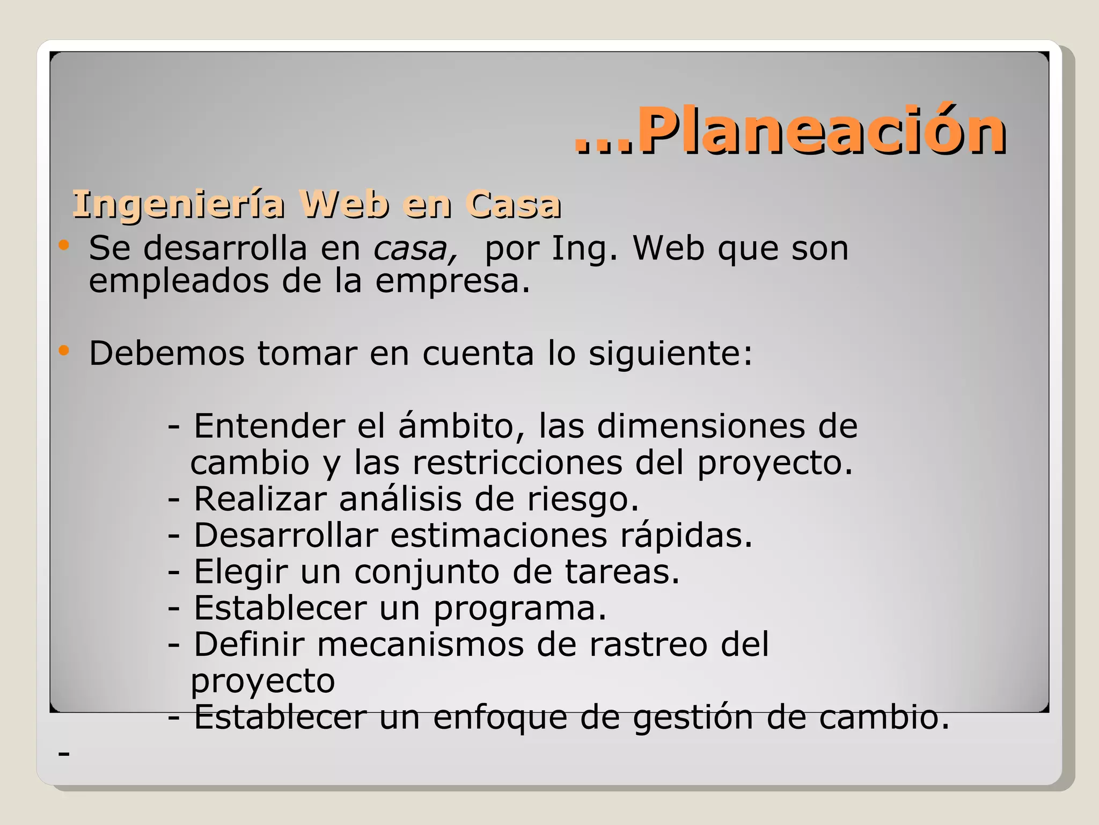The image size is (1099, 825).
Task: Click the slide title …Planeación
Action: point(790,131)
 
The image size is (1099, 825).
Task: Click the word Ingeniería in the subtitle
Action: point(178,205)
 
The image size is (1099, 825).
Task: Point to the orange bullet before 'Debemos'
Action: point(64,351)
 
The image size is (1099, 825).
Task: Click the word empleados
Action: point(179,281)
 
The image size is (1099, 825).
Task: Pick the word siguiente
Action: point(671,354)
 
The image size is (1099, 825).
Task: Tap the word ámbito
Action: point(461,426)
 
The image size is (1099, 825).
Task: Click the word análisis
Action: point(400,499)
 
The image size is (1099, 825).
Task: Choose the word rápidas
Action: point(686,535)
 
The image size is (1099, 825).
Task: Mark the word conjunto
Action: point(427,572)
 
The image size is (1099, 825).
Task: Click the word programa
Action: point(519,609)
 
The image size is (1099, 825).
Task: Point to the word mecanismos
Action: point(420,645)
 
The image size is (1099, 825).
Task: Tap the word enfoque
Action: point(500,718)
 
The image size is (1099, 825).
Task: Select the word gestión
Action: point(693,718)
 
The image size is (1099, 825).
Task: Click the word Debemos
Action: point(167,354)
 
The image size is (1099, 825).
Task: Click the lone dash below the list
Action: point(64,754)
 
